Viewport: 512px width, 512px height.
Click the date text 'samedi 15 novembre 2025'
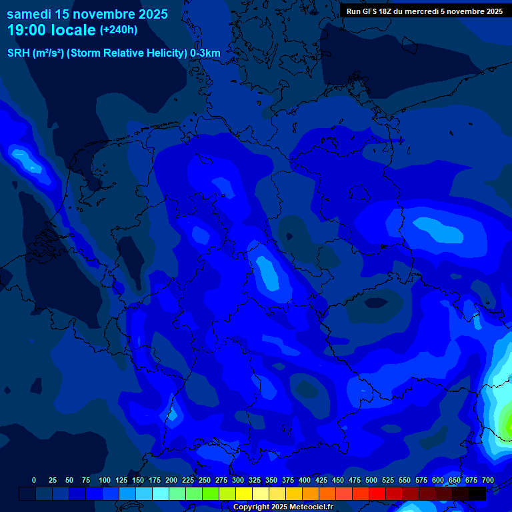tap(87, 14)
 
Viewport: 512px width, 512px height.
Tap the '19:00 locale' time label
tap(51, 30)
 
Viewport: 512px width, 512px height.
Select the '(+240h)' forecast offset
tap(119, 30)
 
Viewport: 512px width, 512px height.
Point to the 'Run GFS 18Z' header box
tap(425, 11)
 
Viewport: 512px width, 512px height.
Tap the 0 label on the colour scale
tap(34, 480)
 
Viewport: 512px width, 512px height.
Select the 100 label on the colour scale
tap(105, 480)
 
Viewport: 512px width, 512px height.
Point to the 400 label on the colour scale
tap(305, 480)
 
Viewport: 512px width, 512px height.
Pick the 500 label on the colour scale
tap(371, 480)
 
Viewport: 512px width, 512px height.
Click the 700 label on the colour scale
tap(488, 480)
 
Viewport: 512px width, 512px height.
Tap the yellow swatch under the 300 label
tap(244, 494)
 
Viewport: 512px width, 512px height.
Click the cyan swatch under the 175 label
tap(161, 494)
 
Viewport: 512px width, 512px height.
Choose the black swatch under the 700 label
tap(477, 494)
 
